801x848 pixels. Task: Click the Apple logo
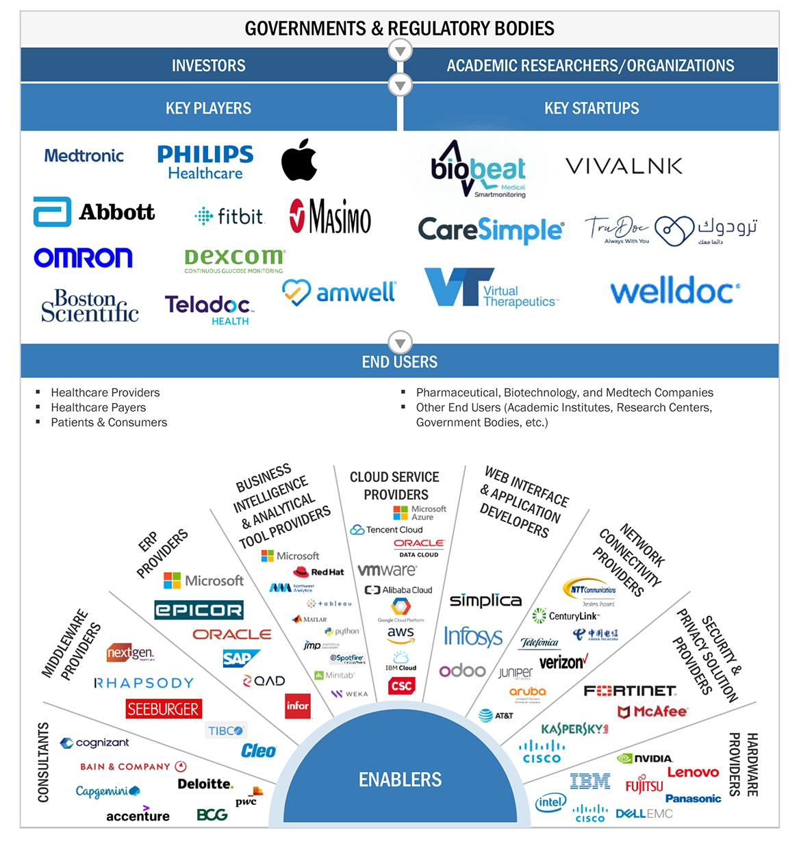coord(299,160)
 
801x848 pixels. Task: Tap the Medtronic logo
coord(84,156)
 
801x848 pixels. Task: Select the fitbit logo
coord(229,216)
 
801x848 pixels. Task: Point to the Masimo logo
coord(330,216)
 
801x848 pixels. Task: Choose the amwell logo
coord(340,292)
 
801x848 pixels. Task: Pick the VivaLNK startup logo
coord(624,166)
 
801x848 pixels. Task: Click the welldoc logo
coord(674,292)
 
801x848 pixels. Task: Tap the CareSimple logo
coord(491,230)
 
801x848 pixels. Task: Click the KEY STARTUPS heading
coord(592,108)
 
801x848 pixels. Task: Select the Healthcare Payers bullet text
coord(99,407)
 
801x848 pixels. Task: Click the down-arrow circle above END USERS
coord(400,342)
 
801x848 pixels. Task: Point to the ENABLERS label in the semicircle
coord(400,780)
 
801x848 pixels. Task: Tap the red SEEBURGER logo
coord(163,709)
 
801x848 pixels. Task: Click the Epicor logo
coord(199,610)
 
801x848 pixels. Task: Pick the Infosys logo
coord(473,637)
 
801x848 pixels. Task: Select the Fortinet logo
coord(630,691)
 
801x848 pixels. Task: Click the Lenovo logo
coord(693,772)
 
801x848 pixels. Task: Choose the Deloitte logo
coord(205,784)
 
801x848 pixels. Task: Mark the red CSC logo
coord(401,686)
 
